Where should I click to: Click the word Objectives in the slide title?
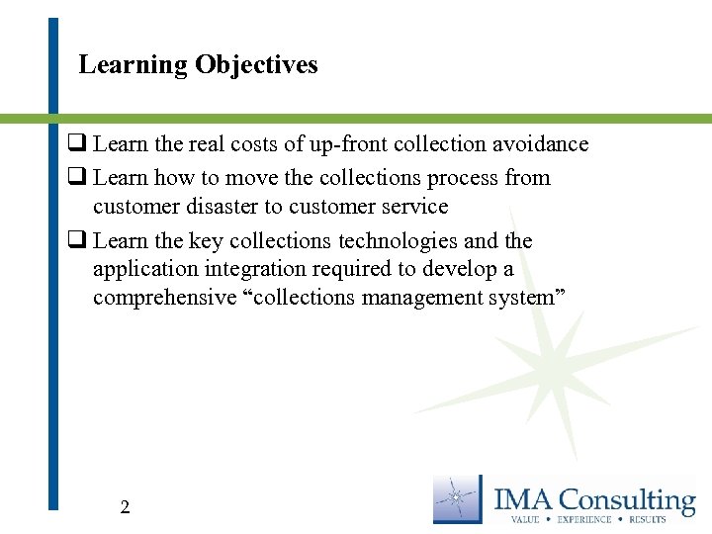[x=256, y=65]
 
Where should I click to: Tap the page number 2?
[x=125, y=507]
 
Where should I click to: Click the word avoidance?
[x=540, y=144]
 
